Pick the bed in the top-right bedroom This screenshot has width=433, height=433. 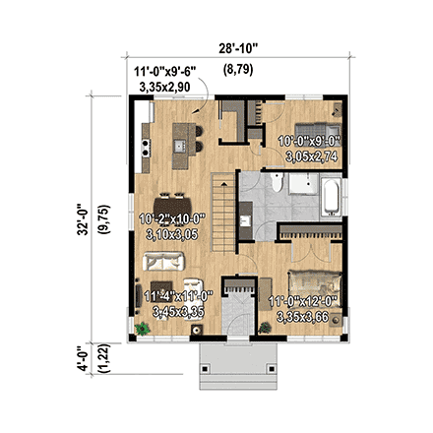coord(322,129)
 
